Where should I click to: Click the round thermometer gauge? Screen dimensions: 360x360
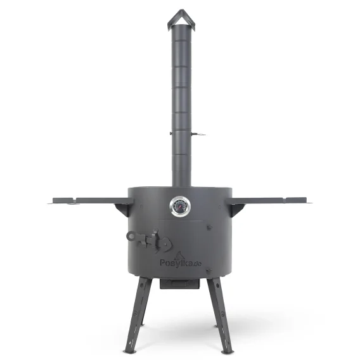[x=179, y=205]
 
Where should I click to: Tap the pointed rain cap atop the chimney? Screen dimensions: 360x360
[x=180, y=18]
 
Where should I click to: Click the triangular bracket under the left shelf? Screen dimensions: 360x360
[x=124, y=205]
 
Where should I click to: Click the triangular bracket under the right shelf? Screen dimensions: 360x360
[x=235, y=205]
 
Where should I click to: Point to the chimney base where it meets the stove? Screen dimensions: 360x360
[x=181, y=183]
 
